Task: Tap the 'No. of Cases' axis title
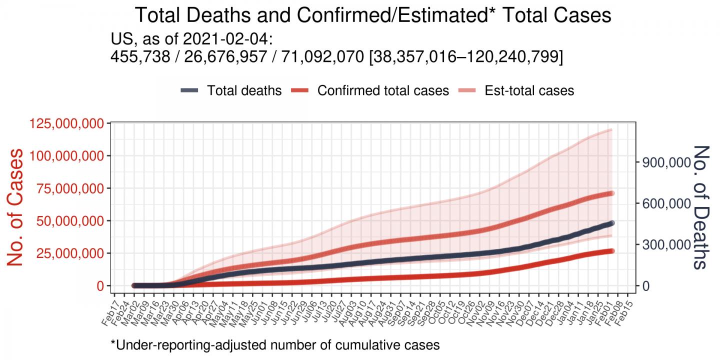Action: coord(16,206)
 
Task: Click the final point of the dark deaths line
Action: coord(611,223)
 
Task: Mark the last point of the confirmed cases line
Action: coord(611,250)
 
